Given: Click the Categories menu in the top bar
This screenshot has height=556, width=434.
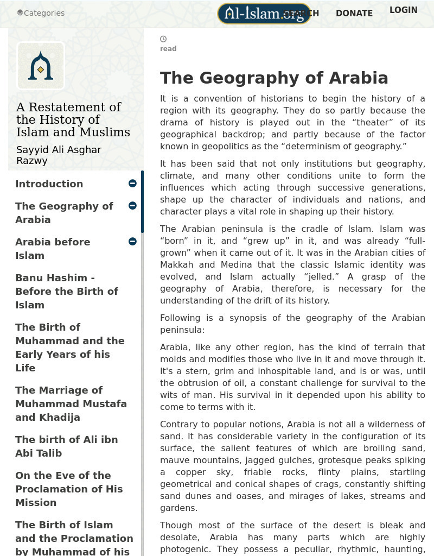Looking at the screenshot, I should [41, 13].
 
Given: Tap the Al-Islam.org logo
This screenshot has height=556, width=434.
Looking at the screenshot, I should [264, 14].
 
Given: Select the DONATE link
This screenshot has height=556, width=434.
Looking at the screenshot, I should [354, 14].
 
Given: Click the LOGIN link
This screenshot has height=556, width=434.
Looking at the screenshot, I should [403, 10].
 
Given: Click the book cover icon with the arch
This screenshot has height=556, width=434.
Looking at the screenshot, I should [41, 66].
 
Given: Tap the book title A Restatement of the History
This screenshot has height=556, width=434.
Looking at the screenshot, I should [73, 119].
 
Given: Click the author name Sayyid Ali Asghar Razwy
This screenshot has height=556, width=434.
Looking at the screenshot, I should [59, 155].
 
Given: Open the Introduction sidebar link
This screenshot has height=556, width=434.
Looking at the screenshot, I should [49, 184].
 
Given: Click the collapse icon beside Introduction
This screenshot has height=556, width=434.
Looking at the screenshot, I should [132, 184].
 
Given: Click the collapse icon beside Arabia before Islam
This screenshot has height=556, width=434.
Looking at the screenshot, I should [132, 241].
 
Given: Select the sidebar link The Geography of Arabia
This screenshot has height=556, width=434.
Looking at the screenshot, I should [64, 213].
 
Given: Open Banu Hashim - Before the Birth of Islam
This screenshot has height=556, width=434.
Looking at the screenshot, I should [66, 291].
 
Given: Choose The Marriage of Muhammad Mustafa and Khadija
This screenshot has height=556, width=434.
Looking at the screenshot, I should [71, 403].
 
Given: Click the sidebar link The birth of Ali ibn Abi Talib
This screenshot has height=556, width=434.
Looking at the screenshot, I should [66, 446].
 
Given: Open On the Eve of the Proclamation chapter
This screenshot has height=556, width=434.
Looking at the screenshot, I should [68, 489].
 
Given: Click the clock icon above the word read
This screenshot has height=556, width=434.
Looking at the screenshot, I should [163, 39].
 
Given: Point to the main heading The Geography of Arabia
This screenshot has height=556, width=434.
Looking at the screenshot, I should [274, 78].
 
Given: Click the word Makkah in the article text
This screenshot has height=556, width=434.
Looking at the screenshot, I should [176, 265].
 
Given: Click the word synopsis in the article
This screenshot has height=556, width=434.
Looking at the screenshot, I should [248, 318].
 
